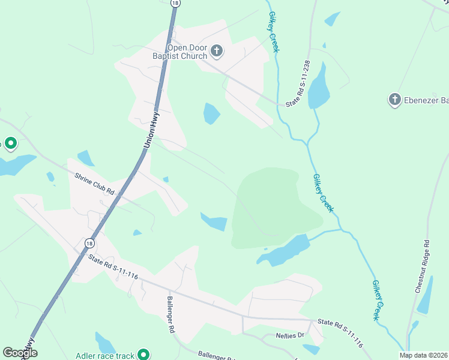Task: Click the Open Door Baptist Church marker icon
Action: (217, 52)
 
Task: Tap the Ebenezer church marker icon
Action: (394, 100)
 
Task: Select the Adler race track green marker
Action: (143, 355)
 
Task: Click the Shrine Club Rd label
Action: (94, 183)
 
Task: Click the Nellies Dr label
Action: (291, 335)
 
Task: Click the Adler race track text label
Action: (105, 356)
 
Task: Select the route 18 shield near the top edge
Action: (175, 3)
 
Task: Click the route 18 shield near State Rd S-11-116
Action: (89, 243)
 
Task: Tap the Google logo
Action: (20, 353)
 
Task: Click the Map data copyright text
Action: (423, 355)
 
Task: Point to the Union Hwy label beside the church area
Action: (151, 131)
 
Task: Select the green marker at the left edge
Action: (10, 143)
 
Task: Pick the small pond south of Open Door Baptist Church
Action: (211, 113)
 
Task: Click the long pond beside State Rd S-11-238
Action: (319, 85)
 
